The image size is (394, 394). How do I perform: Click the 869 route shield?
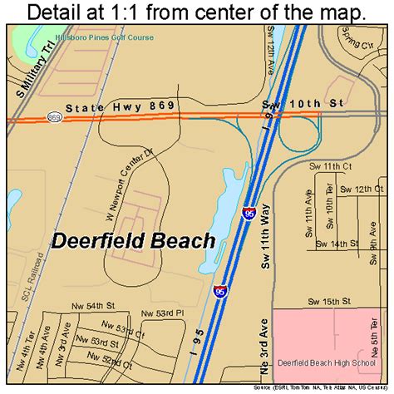[x=55, y=116]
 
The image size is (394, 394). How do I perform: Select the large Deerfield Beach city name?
[x=134, y=241]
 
